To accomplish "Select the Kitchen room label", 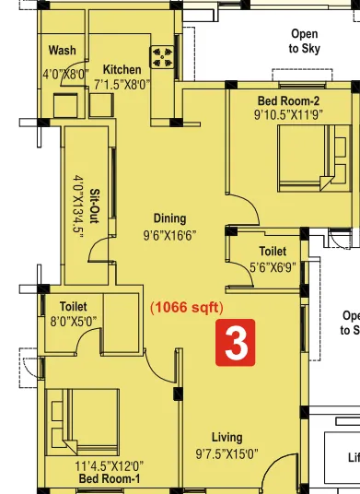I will [x=122, y=70].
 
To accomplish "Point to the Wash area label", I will [x=63, y=51].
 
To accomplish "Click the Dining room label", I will [x=169, y=218].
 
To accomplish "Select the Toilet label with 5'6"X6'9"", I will [x=273, y=251].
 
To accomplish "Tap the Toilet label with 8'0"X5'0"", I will [x=73, y=306].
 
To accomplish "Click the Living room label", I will [x=226, y=437].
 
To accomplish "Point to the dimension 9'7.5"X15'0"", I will [x=226, y=453].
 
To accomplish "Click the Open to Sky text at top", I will [x=304, y=41].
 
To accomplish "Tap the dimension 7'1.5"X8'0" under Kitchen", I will [x=122, y=84].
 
